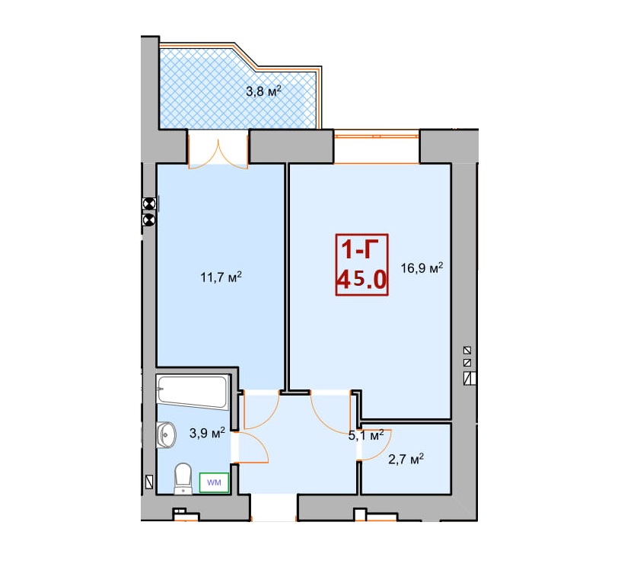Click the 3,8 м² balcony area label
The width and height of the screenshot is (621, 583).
coord(264,91)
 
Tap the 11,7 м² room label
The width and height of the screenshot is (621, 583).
coord(221,277)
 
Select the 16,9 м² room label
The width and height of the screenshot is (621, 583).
coord(422,267)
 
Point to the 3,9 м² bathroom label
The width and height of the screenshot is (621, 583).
coord(207,432)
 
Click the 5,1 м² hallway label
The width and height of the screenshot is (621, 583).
coord(366,435)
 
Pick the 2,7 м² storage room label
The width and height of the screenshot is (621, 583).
coord(406,460)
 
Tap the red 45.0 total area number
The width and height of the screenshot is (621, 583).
coord(361,280)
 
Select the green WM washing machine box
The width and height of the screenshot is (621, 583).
coord(214,482)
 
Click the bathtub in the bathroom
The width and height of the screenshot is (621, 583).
coord(193,392)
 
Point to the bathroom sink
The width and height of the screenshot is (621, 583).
coord(166,434)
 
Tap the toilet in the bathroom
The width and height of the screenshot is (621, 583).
coord(183,479)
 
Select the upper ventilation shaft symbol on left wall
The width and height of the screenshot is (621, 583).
coord(149,203)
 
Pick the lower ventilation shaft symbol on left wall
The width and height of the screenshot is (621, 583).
coord(149,219)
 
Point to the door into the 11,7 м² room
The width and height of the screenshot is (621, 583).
coord(262,410)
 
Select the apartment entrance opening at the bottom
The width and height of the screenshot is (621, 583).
coord(274,508)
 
